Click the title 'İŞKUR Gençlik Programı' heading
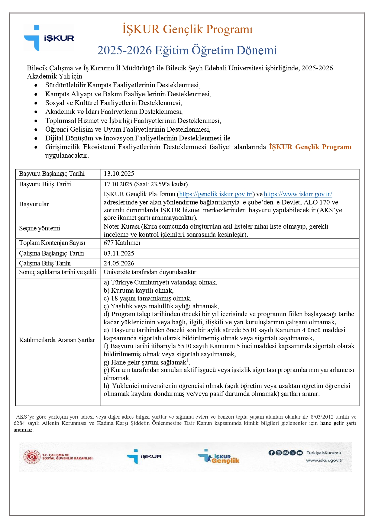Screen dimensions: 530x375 [187, 29]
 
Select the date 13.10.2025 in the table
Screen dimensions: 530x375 [119, 174]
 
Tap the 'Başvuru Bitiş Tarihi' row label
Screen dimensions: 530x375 [45, 184]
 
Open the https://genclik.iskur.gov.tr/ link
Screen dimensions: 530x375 [216, 194]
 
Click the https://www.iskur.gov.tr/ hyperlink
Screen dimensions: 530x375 [298, 194]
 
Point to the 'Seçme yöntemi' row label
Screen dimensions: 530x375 [40, 228]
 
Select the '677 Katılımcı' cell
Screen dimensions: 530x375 [122, 243]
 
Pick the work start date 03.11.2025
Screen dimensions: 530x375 [119, 253]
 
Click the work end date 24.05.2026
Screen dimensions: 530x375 [119, 263]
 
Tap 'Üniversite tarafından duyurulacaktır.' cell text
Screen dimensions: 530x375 [150, 272]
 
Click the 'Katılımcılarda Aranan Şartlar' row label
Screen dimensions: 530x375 [57, 340]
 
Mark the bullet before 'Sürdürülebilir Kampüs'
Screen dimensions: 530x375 [36, 85]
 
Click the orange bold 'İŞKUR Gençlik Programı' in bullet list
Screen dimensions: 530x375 [310, 147]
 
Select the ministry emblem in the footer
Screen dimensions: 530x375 [32, 457]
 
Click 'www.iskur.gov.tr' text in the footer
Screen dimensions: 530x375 [324, 461]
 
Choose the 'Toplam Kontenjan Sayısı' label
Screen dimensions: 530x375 [52, 243]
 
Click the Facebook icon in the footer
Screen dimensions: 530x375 [271, 453]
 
